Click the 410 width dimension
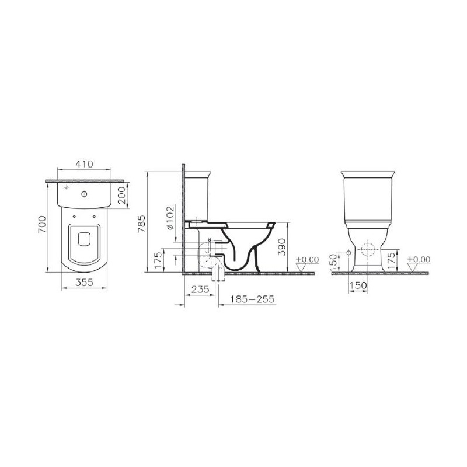point(84,164)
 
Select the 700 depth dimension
point(42,224)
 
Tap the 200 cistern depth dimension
point(121,195)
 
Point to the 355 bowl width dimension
point(84,282)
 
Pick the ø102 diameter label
point(170,218)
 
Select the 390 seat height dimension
point(282,246)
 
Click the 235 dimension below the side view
point(200,289)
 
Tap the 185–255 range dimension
point(252,299)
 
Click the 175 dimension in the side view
point(159,260)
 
